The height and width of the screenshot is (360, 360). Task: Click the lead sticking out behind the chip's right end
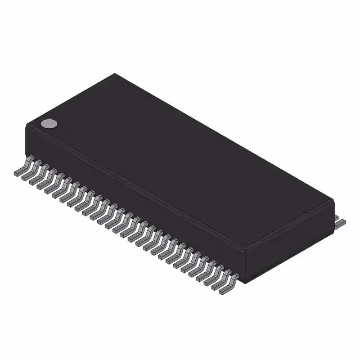click(x=340, y=222)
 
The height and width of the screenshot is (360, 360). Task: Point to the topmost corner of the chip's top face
click(x=115, y=74)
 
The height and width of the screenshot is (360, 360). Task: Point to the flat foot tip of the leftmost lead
click(x=17, y=173)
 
